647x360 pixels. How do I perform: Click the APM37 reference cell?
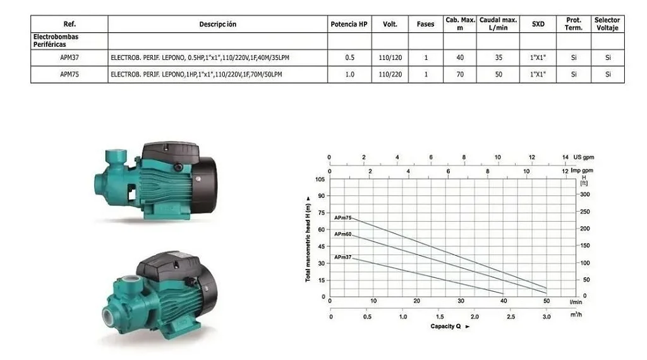click(x=70, y=57)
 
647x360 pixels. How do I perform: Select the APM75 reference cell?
click(x=70, y=75)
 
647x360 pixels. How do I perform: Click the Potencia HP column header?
click(x=349, y=25)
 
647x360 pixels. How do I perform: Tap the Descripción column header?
click(x=218, y=25)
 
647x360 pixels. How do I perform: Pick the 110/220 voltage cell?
click(x=390, y=75)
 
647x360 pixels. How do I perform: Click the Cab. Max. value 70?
click(x=460, y=75)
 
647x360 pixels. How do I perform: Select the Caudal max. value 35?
click(x=499, y=57)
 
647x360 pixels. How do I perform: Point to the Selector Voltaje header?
click(x=607, y=24)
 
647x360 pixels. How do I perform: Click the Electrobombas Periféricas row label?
click(x=56, y=40)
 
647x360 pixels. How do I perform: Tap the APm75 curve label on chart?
click(x=343, y=218)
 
